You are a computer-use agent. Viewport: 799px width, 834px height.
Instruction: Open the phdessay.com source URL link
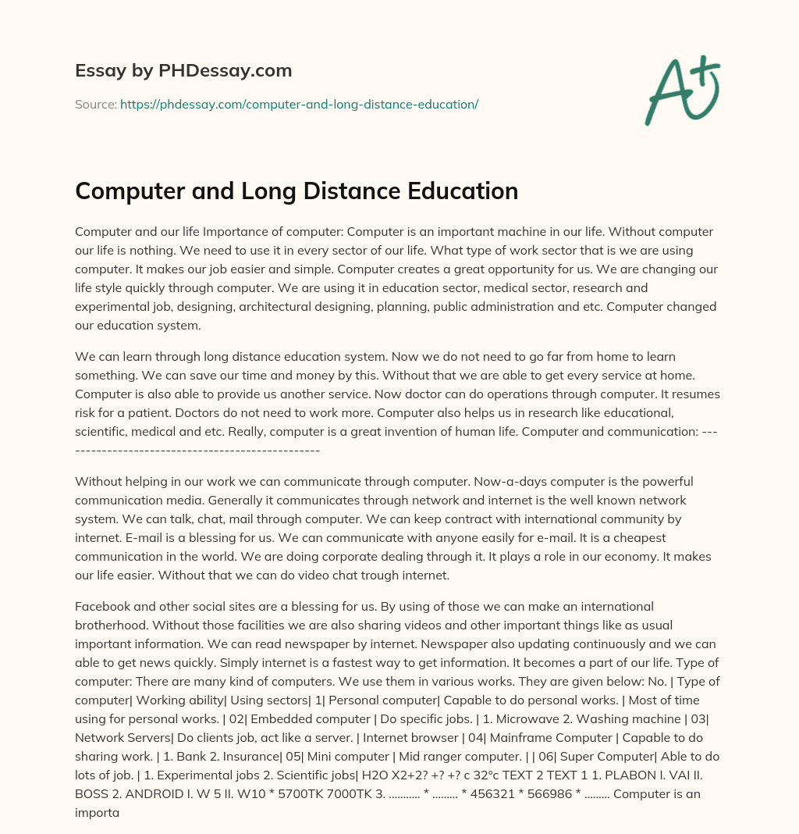299,103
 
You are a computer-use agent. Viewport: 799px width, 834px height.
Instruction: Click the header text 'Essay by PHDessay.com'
183,71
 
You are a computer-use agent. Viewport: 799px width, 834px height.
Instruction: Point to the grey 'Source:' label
95,103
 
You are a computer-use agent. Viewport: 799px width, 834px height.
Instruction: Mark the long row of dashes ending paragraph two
197,450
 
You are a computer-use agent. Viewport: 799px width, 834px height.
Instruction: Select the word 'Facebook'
101,606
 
